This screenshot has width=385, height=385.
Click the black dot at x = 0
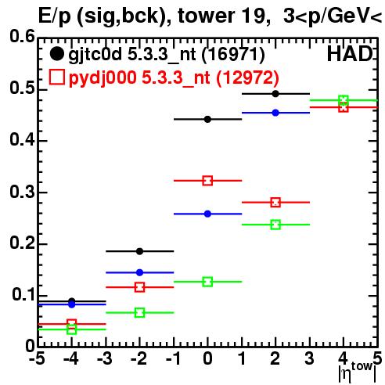207,119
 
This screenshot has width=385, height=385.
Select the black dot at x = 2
275,94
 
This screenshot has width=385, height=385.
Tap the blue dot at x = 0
207,214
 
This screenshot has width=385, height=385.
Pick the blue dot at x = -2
139,272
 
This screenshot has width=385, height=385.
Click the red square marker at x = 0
207,181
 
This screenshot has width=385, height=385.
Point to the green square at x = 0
207,282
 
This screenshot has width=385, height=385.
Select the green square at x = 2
275,225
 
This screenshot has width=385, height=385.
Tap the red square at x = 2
275,202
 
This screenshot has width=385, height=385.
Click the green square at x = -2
139,312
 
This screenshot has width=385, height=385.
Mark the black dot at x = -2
139,251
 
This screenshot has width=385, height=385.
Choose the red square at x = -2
139,287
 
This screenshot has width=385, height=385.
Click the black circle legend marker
56,54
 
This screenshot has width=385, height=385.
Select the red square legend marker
56,77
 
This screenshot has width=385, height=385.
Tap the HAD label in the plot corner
350,54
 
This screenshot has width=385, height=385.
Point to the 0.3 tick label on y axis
22,192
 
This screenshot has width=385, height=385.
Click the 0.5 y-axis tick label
22,88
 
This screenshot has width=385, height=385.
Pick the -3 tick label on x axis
104,358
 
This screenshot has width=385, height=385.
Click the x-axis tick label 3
309,358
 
